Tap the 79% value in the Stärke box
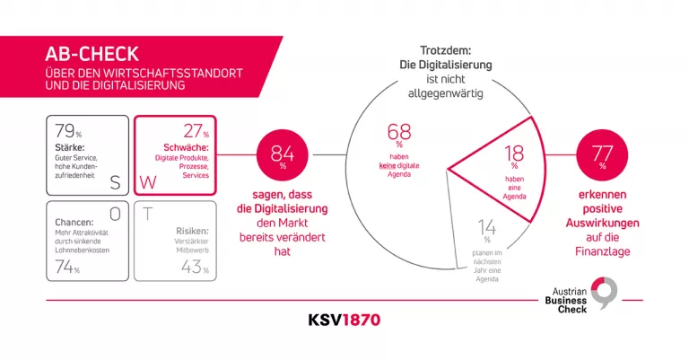tap(69, 132)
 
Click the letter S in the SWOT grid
tap(116, 182)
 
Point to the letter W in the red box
tap(146, 182)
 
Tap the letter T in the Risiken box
tap(145, 214)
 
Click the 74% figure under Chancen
tap(68, 266)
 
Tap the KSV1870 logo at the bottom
tap(344, 320)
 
